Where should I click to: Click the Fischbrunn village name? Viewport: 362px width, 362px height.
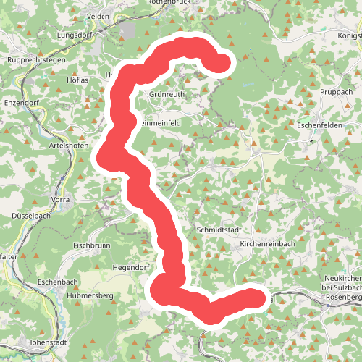pyautogui.click(x=92, y=245)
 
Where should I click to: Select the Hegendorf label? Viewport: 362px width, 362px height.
pyautogui.click(x=130, y=267)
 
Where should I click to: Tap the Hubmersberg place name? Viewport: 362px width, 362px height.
pyautogui.click(x=90, y=296)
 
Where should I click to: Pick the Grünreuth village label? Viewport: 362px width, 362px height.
pyautogui.click(x=167, y=94)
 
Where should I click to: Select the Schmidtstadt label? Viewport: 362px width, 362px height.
pyautogui.click(x=217, y=230)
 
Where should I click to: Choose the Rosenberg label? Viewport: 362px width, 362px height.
pyautogui.click(x=344, y=298)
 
